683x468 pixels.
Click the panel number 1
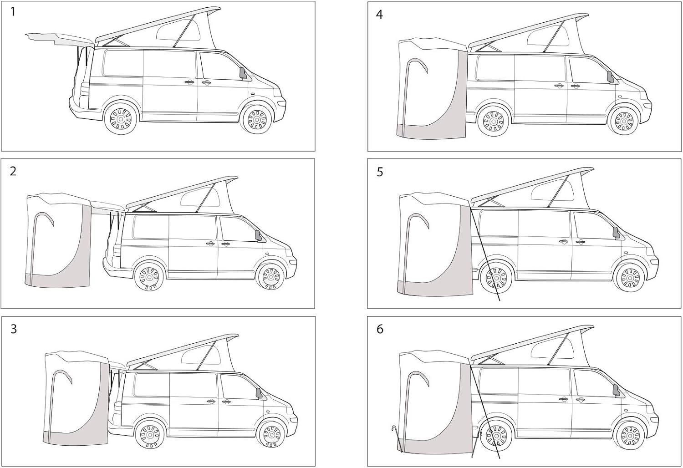point(13,12)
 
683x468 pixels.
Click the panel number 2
point(13,171)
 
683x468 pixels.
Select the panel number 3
point(13,329)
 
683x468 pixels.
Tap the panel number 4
point(379,14)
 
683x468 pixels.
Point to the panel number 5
point(380,172)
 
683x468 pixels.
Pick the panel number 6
point(380,329)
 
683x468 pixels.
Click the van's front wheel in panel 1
point(257,119)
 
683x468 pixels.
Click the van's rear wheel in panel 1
point(121,118)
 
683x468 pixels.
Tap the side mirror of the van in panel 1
point(243,74)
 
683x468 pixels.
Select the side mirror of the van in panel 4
point(610,77)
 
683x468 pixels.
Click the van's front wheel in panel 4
point(624,122)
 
